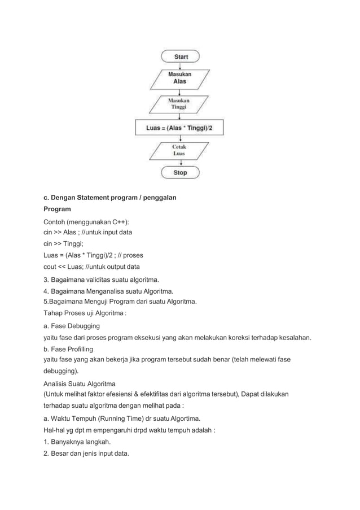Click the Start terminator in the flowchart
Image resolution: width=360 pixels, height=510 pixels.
(x=181, y=56)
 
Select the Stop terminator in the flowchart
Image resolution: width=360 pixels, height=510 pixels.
(x=180, y=172)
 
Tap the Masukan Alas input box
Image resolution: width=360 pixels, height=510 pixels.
(x=180, y=78)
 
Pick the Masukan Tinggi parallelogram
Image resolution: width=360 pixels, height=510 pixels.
(x=180, y=103)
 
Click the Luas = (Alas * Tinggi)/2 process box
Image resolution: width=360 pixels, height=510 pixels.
(x=179, y=128)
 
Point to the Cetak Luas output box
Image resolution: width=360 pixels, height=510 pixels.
(x=180, y=150)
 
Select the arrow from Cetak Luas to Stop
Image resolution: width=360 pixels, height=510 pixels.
(x=180, y=162)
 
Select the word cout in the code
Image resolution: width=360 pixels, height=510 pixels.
(x=52, y=267)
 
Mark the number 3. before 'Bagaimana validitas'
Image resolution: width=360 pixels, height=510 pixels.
(x=47, y=280)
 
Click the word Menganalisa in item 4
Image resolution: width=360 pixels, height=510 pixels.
(x=107, y=291)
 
